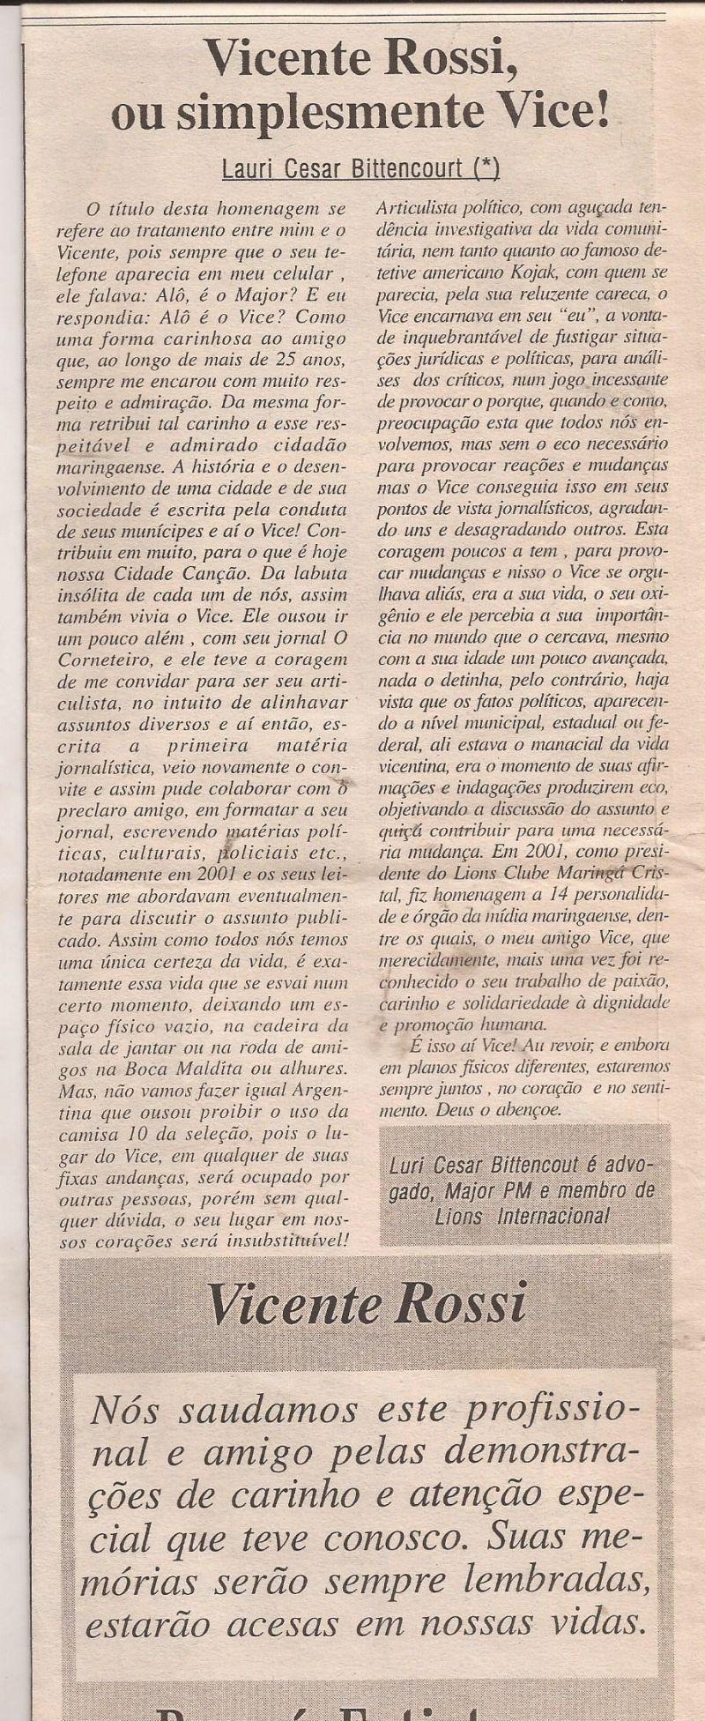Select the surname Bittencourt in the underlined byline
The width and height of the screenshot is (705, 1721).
pos(413,168)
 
